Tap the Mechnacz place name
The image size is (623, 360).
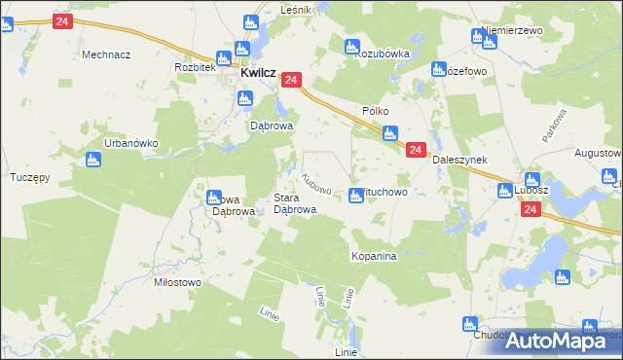pyautogui.click(x=106, y=54)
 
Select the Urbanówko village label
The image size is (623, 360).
pyautogui.click(x=131, y=142)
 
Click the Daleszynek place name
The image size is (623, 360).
pyautogui.click(x=458, y=160)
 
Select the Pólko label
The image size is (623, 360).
pyautogui.click(x=376, y=112)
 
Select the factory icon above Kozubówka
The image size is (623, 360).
pyautogui.click(x=352, y=46)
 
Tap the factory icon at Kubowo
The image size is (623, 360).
pyautogui.click(x=356, y=197)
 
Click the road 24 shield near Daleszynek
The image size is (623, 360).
pyautogui.click(x=415, y=150)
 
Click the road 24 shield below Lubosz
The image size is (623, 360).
pyautogui.click(x=530, y=209)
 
